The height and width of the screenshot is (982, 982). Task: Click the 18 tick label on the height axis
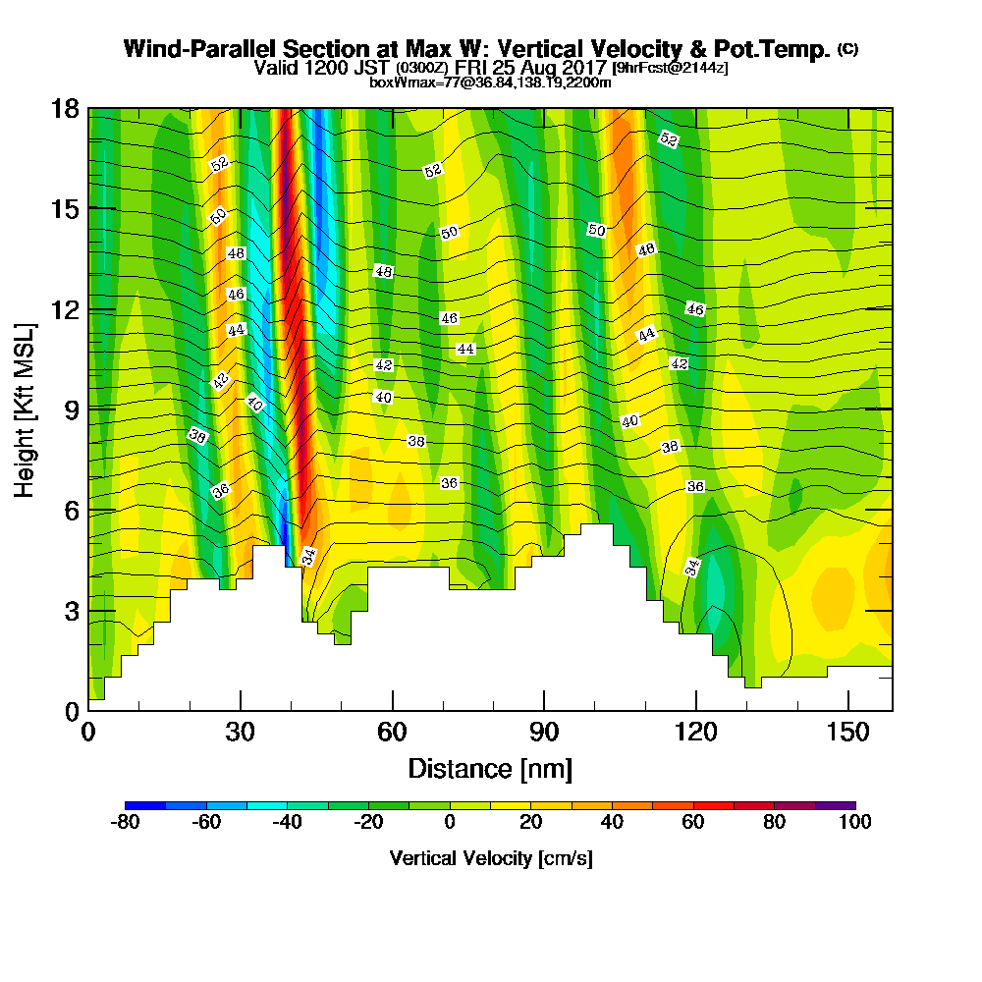point(64,108)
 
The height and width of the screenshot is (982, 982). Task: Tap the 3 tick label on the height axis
point(70,611)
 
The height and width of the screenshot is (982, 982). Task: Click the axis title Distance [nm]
point(490,768)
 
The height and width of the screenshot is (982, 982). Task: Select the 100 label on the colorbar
point(855,822)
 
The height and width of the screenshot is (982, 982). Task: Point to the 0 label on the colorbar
point(449,822)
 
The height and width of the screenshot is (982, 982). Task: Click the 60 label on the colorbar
point(692,822)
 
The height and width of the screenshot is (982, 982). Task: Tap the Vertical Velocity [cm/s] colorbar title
point(490,858)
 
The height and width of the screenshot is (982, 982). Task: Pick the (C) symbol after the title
point(847,49)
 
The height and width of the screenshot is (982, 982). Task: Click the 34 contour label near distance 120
point(692,567)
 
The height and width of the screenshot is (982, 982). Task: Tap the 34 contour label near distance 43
point(308,557)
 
